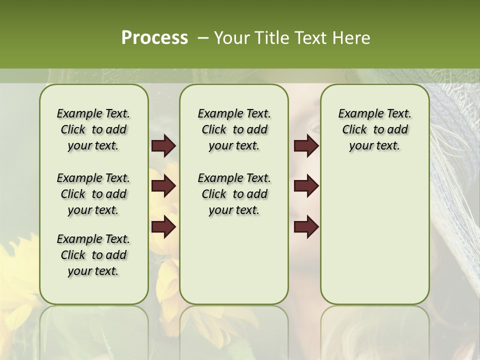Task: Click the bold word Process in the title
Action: click(154, 37)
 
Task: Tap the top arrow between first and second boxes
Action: click(163, 146)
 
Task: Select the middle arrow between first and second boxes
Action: click(163, 186)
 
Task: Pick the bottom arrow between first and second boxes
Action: click(163, 226)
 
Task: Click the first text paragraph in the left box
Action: click(93, 129)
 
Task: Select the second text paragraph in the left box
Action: click(93, 194)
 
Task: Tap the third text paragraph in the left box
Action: click(93, 255)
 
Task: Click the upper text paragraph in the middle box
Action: click(234, 129)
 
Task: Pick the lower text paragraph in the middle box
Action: click(234, 194)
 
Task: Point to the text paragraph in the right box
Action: click(374, 129)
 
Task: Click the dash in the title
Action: click(202, 37)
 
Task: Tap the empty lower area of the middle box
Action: click(234, 260)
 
